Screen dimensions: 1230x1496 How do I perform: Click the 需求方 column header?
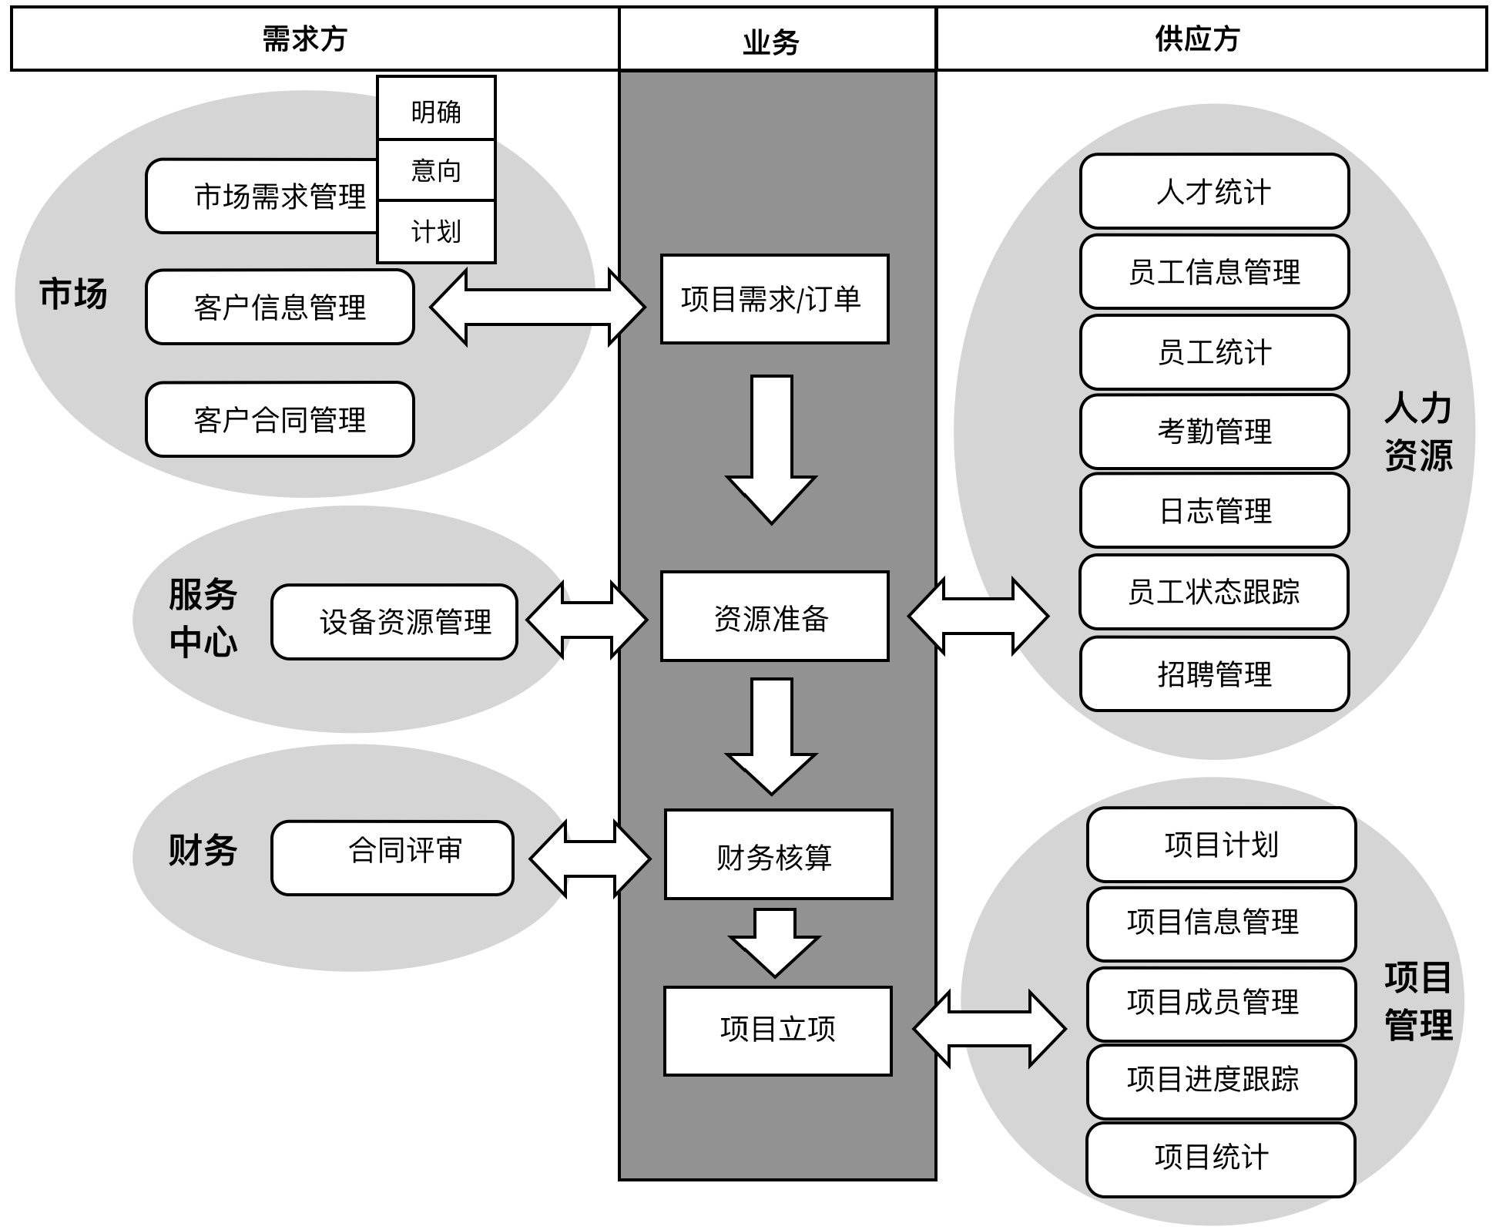(305, 39)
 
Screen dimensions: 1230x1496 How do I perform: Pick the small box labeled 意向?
(436, 170)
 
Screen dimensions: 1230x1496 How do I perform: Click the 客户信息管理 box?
(280, 307)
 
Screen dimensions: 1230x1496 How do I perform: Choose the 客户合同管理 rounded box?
(280, 420)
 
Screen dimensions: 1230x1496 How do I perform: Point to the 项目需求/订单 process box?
(774, 299)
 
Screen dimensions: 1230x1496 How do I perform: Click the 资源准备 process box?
(774, 617)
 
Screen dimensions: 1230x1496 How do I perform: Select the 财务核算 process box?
(778, 855)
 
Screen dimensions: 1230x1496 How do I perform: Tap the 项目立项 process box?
(777, 1030)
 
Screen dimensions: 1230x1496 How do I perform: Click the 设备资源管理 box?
(394, 622)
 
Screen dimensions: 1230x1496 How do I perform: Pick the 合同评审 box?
(392, 858)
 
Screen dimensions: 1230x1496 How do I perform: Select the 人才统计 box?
(1214, 191)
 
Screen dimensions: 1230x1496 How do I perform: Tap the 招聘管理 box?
(1214, 674)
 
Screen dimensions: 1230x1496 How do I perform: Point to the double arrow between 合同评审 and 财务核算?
(590, 859)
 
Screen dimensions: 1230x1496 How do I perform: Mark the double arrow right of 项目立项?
(989, 1029)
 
